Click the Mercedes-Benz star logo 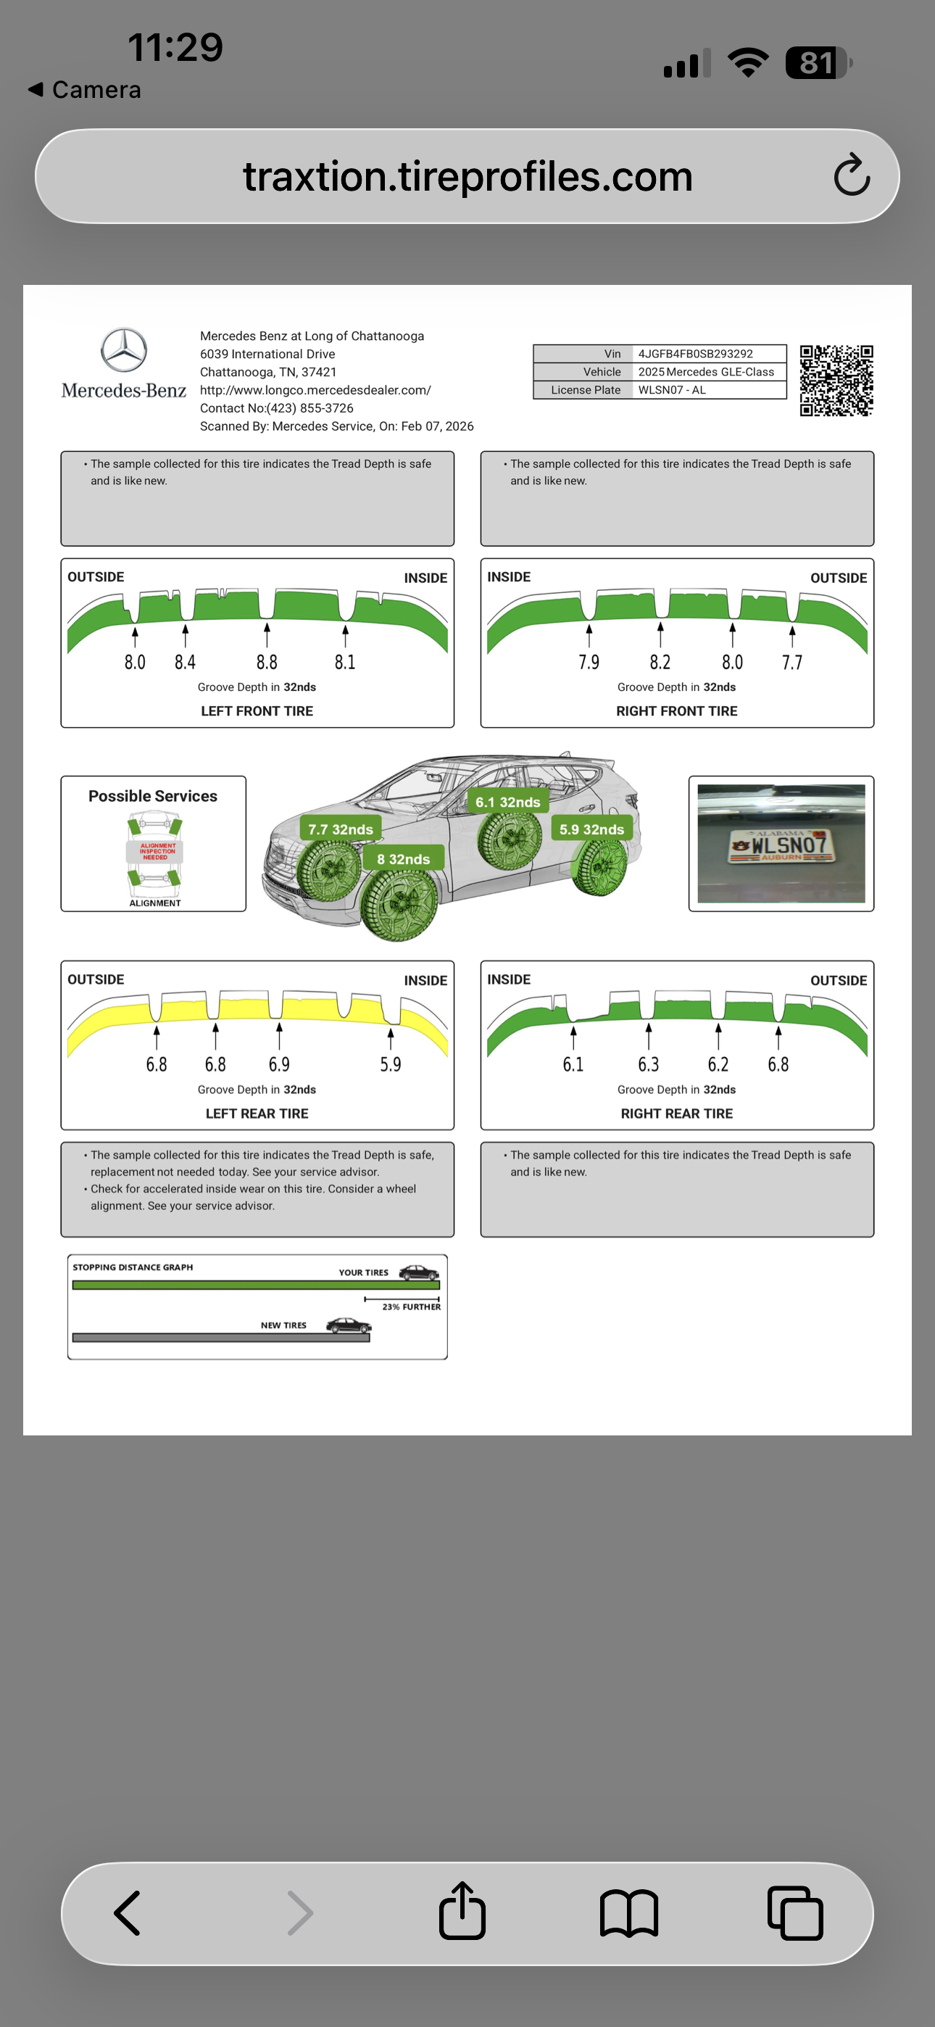(123, 350)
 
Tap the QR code (836, 380)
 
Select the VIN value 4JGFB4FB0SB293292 (696, 354)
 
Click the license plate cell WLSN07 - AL (672, 390)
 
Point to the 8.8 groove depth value (267, 662)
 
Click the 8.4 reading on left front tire (185, 662)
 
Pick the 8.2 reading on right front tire (660, 662)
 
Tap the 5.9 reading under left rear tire (391, 1064)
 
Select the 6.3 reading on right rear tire (648, 1064)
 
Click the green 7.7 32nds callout (340, 829)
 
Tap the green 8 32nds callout (403, 858)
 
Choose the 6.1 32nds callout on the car (507, 802)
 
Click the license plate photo (781, 844)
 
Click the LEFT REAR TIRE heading (257, 1113)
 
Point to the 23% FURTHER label (411, 1306)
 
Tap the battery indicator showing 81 (818, 63)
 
